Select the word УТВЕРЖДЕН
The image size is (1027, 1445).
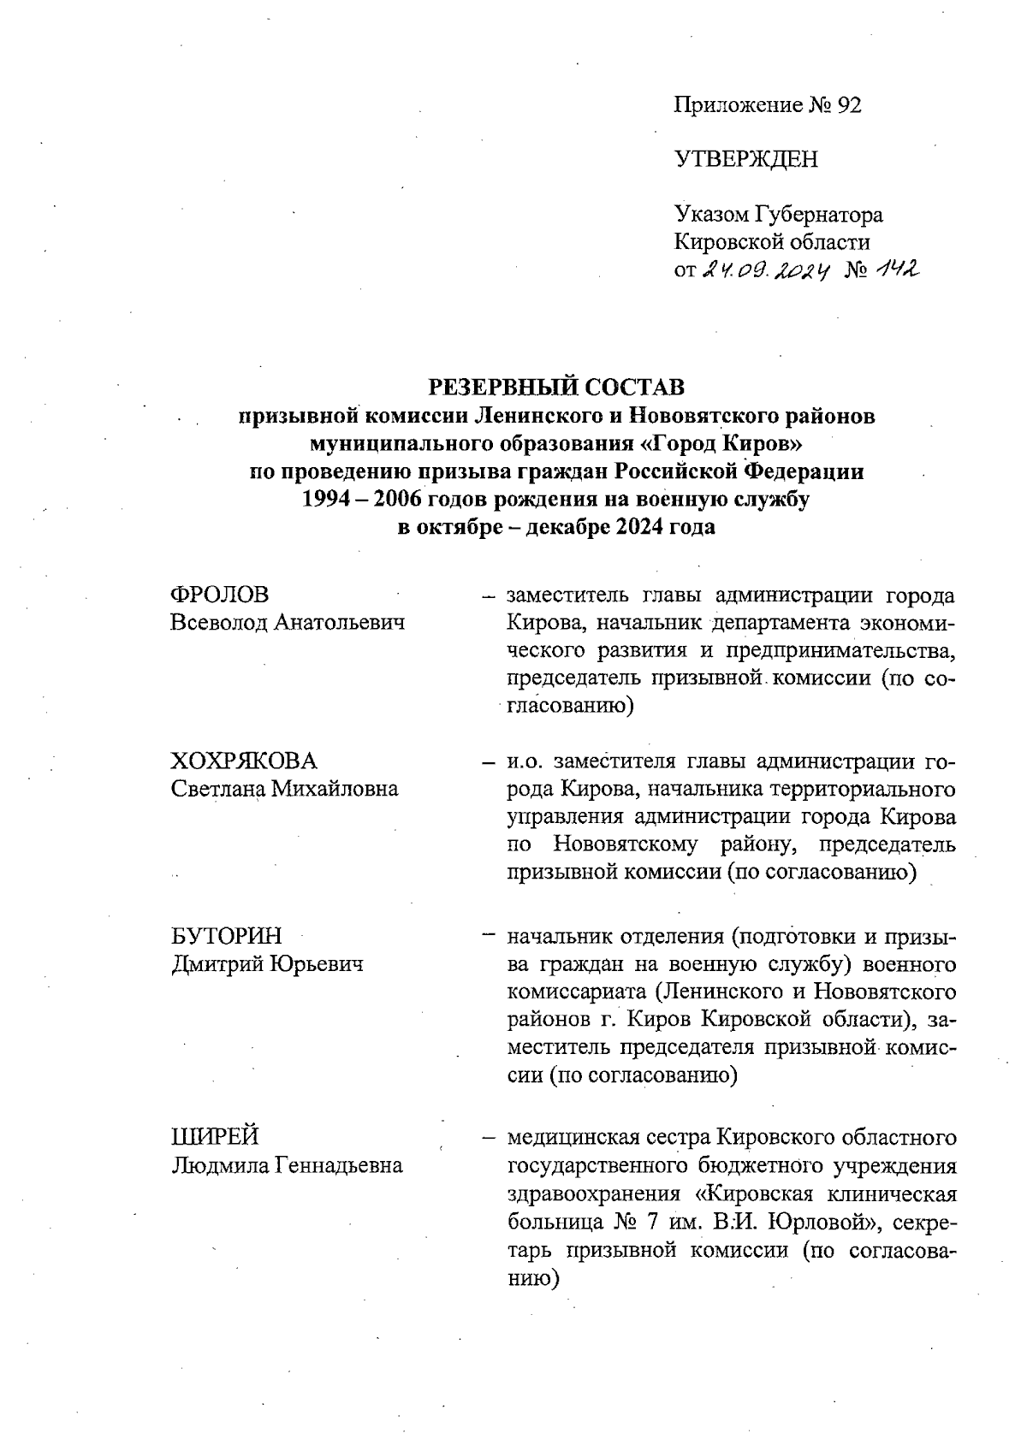coord(745,159)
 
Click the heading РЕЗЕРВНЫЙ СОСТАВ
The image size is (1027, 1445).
coord(556,388)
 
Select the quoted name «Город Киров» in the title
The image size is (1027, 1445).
coord(726,443)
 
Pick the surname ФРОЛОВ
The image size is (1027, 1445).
coord(220,595)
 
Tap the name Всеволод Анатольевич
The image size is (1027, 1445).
coord(288,622)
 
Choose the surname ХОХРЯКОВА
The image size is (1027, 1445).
coord(244,761)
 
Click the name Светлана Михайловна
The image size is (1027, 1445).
coord(284,788)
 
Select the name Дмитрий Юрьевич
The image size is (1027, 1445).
coord(267,964)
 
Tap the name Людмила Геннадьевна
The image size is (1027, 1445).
coord(287,1164)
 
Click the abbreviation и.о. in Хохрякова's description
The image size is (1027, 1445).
coord(525,761)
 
